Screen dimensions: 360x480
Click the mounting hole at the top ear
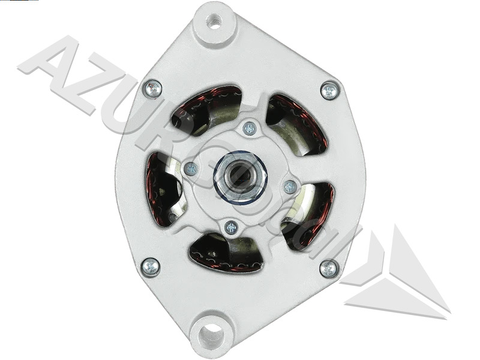point(214,22)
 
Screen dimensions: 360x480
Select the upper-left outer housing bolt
point(154,88)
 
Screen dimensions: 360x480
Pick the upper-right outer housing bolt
point(329,91)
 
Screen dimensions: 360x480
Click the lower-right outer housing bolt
point(328,268)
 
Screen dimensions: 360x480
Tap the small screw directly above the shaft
point(250,128)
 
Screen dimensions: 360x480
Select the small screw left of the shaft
point(191,169)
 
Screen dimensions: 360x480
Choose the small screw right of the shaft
point(290,187)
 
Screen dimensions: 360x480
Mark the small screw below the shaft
point(231,227)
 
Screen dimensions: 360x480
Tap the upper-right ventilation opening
point(297,123)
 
